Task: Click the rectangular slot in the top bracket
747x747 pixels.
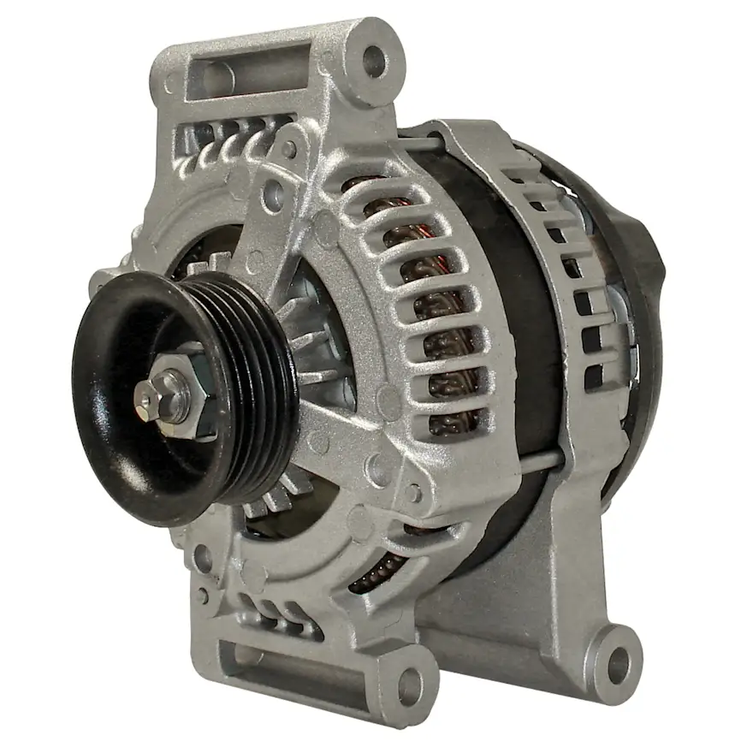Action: click(x=248, y=71)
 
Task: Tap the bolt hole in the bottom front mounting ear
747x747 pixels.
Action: click(x=410, y=684)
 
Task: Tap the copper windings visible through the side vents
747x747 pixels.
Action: click(x=445, y=342)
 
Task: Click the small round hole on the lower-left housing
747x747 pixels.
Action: click(x=203, y=558)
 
